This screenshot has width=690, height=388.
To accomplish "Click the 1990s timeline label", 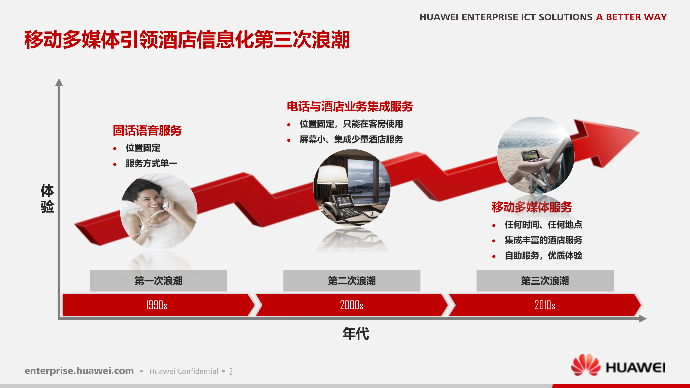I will [157, 305].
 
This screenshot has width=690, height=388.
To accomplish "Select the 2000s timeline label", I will [351, 305].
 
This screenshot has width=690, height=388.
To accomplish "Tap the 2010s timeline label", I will [545, 305].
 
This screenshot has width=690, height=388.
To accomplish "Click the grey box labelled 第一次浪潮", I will [159, 281].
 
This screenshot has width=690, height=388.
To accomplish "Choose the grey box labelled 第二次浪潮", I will [352, 281].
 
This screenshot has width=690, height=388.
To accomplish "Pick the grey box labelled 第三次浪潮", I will [545, 281].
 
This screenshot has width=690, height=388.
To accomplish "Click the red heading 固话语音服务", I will [147, 131].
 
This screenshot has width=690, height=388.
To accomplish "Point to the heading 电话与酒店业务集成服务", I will [350, 106].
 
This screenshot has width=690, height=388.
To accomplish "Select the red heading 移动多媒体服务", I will [532, 207].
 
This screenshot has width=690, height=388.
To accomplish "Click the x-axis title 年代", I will [356, 334].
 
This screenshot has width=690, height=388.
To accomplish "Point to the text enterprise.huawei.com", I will [79, 371].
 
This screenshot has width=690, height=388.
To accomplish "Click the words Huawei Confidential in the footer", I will [184, 371].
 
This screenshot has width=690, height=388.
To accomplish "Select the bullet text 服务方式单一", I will [151, 163].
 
